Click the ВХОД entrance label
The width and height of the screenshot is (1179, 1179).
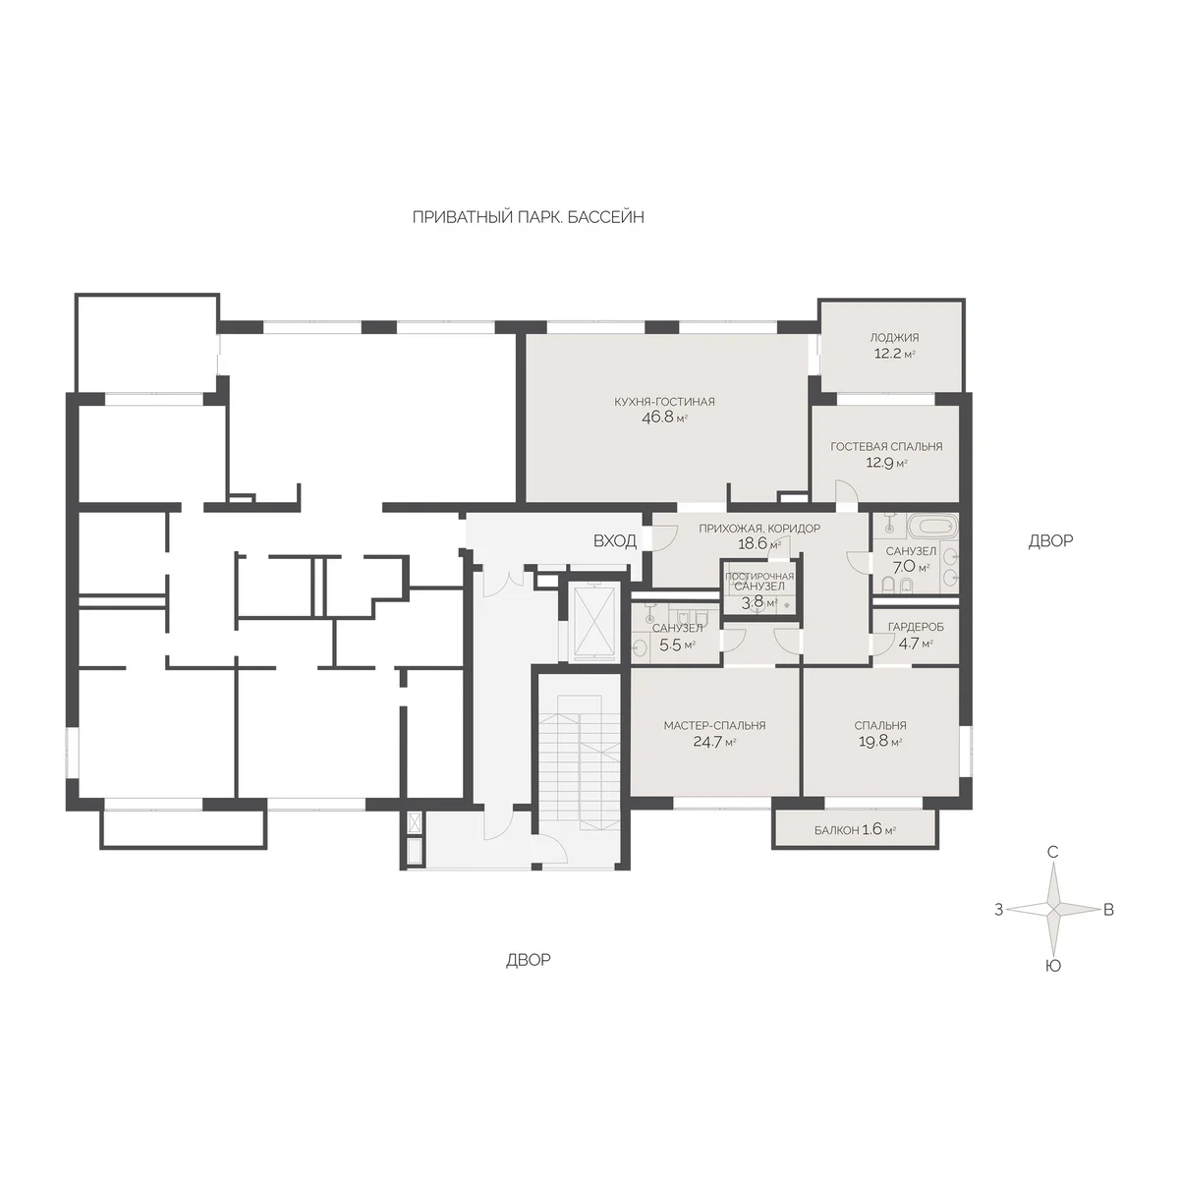[x=615, y=540]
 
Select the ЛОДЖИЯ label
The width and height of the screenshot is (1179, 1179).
[x=894, y=337]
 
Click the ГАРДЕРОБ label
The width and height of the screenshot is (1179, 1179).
[x=916, y=627]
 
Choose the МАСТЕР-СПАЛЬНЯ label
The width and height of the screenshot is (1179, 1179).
[x=714, y=726]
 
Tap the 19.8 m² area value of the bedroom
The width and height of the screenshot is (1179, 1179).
[x=880, y=742]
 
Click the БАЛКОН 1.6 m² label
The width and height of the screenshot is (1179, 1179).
[x=856, y=830]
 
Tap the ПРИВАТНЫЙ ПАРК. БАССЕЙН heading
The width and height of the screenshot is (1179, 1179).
[x=529, y=217]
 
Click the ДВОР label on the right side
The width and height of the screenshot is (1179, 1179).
[x=1050, y=540]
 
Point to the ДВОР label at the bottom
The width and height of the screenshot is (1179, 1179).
[x=528, y=960]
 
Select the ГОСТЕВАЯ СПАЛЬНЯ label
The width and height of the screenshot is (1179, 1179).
[x=886, y=447]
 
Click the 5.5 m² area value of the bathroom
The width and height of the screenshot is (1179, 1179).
[x=675, y=645]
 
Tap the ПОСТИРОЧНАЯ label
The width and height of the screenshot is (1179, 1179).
[x=759, y=577]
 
